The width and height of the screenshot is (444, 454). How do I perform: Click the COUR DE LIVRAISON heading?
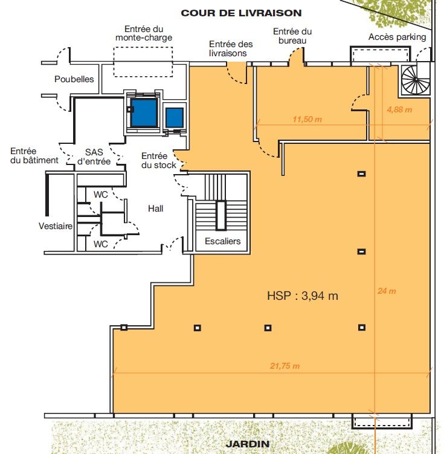click(241, 13)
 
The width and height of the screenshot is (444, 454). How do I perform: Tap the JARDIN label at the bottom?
click(248, 444)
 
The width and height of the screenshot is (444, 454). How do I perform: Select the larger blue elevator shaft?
click(144, 112)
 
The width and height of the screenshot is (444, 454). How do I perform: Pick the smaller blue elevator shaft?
click(175, 118)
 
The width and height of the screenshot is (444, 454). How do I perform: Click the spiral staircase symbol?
click(415, 80)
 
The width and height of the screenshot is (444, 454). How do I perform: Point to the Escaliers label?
click(223, 241)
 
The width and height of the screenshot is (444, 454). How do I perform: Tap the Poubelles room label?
click(74, 79)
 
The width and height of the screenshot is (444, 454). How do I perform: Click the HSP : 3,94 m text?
click(303, 296)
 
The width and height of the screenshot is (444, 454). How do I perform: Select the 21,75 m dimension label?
click(285, 366)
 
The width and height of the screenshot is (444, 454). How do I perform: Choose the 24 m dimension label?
click(387, 291)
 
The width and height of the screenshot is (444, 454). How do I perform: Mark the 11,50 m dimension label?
click(307, 119)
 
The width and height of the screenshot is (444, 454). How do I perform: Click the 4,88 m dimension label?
click(399, 109)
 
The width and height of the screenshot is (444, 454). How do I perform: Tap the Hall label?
click(156, 209)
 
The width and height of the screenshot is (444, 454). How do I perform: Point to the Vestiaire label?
click(56, 226)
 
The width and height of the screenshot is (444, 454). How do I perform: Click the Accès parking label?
click(397, 37)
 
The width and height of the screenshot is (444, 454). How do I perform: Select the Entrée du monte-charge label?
click(144, 33)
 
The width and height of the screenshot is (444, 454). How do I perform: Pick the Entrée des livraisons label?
click(231, 48)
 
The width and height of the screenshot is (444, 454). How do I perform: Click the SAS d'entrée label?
click(94, 157)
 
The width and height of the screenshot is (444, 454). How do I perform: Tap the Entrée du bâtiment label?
click(34, 155)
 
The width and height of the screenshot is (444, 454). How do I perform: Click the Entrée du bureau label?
click(292, 36)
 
